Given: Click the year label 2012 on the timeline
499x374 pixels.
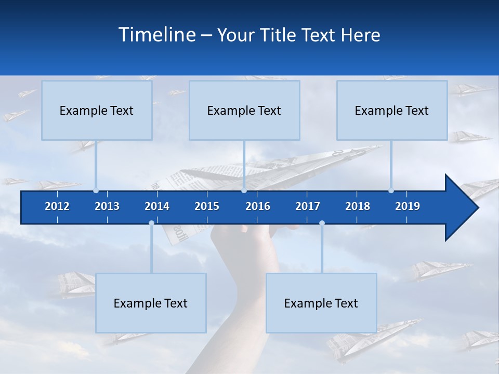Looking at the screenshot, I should click(x=57, y=206).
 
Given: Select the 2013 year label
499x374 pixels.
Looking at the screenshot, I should click(x=107, y=206).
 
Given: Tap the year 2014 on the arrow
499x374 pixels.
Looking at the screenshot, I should click(x=157, y=206).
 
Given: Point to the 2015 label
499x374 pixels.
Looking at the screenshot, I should click(x=207, y=206).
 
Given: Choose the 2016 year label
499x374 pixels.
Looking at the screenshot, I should click(x=258, y=206).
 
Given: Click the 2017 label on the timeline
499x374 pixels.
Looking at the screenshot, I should click(x=308, y=206).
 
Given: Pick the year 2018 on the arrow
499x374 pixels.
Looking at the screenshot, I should click(x=358, y=206).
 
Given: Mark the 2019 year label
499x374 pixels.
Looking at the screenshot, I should click(x=408, y=206).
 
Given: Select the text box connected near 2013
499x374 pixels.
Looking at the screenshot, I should click(x=97, y=110).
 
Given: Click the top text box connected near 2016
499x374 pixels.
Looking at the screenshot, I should click(x=244, y=110).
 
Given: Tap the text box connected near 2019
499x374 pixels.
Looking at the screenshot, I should click(x=392, y=110).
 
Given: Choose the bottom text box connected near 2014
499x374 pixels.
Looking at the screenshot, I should click(x=151, y=303).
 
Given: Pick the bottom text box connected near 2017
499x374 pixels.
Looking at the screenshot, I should click(x=321, y=303).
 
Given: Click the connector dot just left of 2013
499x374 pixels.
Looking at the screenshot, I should click(x=96, y=191).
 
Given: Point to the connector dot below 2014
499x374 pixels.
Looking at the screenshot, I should click(x=151, y=223).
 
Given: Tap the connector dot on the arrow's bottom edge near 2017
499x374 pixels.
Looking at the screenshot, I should click(x=322, y=223).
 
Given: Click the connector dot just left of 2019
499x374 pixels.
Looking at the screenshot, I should click(x=391, y=191).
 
